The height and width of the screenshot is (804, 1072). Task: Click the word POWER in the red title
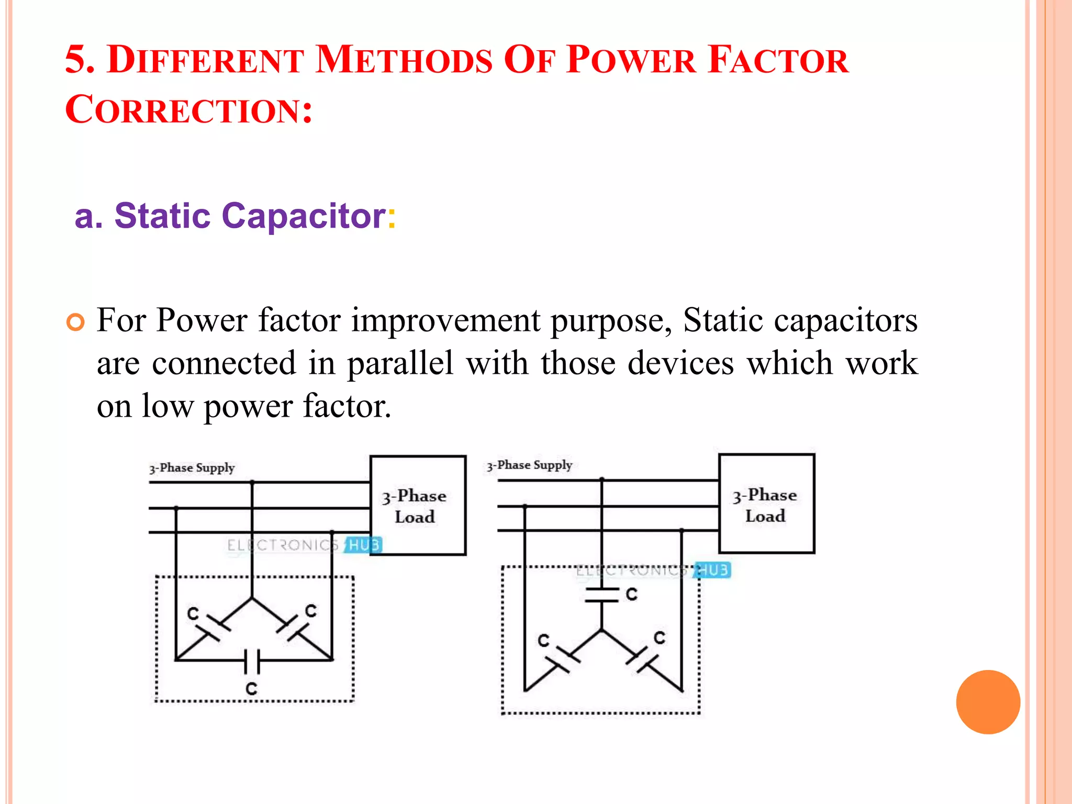pyautogui.click(x=631, y=61)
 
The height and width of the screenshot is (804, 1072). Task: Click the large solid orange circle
pyautogui.click(x=988, y=702)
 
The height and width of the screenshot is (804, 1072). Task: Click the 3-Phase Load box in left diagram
pyautogui.click(x=418, y=505)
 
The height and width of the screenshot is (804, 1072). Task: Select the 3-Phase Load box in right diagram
pyautogui.click(x=766, y=504)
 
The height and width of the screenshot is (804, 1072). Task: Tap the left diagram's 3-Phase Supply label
pyautogui.click(x=192, y=468)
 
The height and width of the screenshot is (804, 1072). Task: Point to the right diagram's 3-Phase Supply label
pyautogui.click(x=530, y=465)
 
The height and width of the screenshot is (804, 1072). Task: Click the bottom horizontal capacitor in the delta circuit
pyautogui.click(x=252, y=661)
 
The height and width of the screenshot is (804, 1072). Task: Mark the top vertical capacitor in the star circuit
pyautogui.click(x=602, y=595)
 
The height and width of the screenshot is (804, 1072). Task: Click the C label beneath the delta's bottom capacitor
pyautogui.click(x=252, y=688)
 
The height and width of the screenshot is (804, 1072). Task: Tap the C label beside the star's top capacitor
pyautogui.click(x=632, y=594)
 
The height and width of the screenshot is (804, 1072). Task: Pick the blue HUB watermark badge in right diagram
pyautogui.click(x=712, y=570)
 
